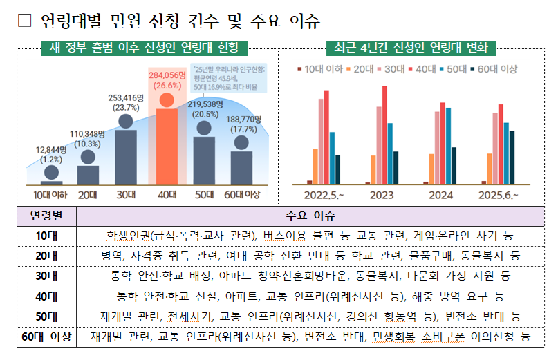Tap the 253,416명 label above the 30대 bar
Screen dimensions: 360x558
pos(125,97)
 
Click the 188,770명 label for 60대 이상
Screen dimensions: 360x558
pos(241,119)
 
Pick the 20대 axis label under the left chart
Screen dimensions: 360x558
pos(87,195)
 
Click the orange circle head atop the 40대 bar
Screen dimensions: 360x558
pos(166,100)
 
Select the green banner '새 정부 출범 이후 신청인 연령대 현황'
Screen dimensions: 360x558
pos(144,48)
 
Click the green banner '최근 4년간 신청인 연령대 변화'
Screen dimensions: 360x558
pos(411,48)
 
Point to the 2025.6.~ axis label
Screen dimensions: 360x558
pos(499,196)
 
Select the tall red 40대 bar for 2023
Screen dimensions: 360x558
pos(384,135)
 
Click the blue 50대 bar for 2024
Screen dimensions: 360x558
pos(449,146)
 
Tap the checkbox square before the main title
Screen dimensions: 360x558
pos(25,21)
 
